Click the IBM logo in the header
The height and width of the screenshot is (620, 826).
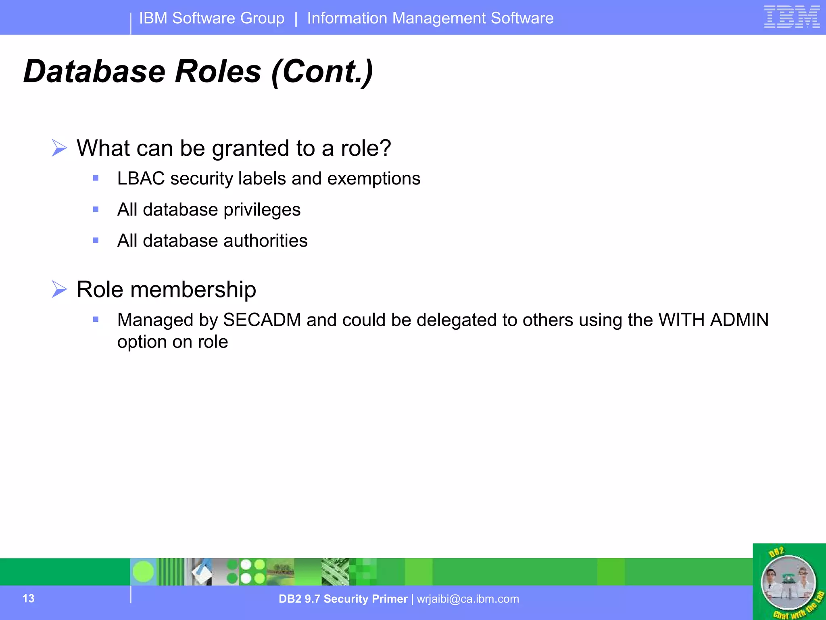tap(792, 17)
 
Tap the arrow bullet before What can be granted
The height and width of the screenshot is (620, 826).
tap(59, 148)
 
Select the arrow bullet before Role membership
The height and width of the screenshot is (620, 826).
tap(59, 289)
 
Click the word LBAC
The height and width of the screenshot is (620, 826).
tap(141, 179)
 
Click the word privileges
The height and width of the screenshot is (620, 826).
tap(262, 210)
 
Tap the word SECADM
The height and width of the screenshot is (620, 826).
tap(262, 320)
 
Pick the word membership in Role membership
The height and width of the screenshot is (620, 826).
tap(193, 290)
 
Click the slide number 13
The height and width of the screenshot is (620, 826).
tap(28, 599)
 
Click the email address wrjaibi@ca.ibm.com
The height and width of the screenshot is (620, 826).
tap(468, 599)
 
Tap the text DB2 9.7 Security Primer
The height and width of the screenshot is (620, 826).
tap(343, 599)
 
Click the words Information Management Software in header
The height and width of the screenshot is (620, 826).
tap(430, 19)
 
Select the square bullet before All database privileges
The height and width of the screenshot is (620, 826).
tap(96, 209)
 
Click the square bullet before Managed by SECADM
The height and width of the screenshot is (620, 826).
tap(96, 320)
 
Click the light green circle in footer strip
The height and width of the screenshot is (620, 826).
tap(143, 572)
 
